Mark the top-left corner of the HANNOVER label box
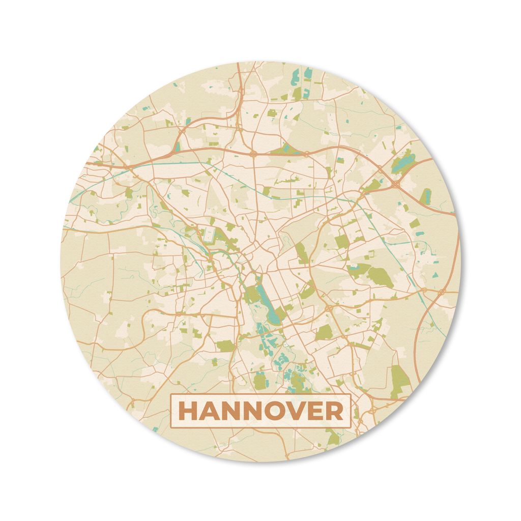tap(171, 395)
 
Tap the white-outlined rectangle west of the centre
tap(208, 235)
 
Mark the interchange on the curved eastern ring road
tap(440, 292)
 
